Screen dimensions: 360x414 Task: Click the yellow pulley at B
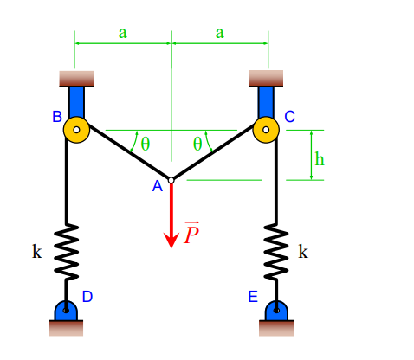click(x=76, y=131)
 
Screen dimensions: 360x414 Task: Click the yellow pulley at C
click(x=267, y=131)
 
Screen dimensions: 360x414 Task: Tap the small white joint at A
click(x=171, y=180)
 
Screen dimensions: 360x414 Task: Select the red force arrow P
click(x=171, y=216)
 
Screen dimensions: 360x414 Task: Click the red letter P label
click(x=191, y=234)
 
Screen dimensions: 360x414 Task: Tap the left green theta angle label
click(x=146, y=144)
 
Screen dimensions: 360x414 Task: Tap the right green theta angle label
click(x=197, y=144)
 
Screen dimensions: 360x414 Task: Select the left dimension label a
click(x=122, y=33)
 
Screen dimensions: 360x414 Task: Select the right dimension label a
click(x=219, y=33)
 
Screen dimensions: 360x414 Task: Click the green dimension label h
click(x=320, y=158)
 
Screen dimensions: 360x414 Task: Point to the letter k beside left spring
click(x=36, y=252)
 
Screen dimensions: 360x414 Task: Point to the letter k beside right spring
click(x=302, y=252)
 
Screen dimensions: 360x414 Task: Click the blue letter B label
click(x=56, y=116)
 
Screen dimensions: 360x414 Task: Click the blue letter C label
click(x=289, y=116)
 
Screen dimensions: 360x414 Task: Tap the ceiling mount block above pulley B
click(x=76, y=78)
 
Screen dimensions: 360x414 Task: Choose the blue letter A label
click(x=157, y=186)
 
